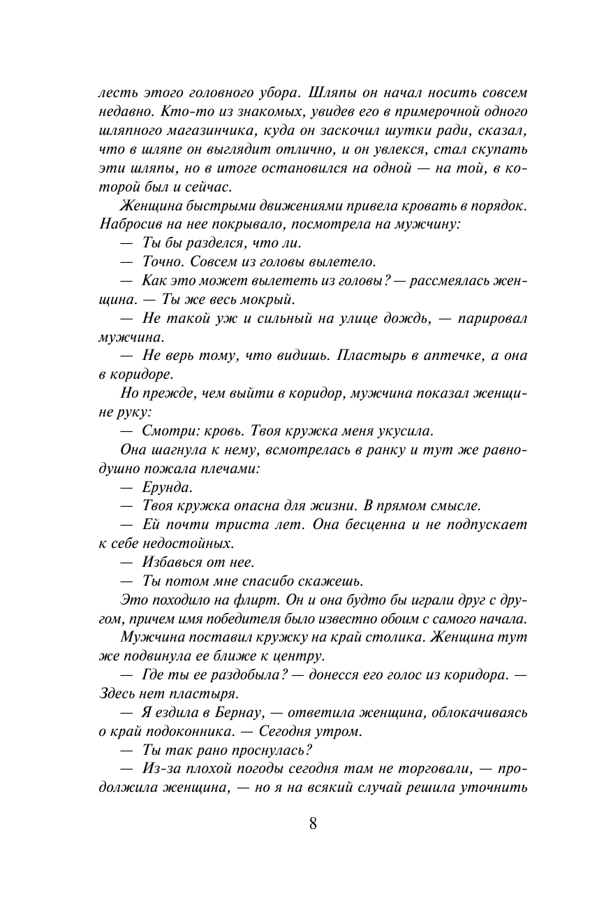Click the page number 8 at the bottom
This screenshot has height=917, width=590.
(x=312, y=823)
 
